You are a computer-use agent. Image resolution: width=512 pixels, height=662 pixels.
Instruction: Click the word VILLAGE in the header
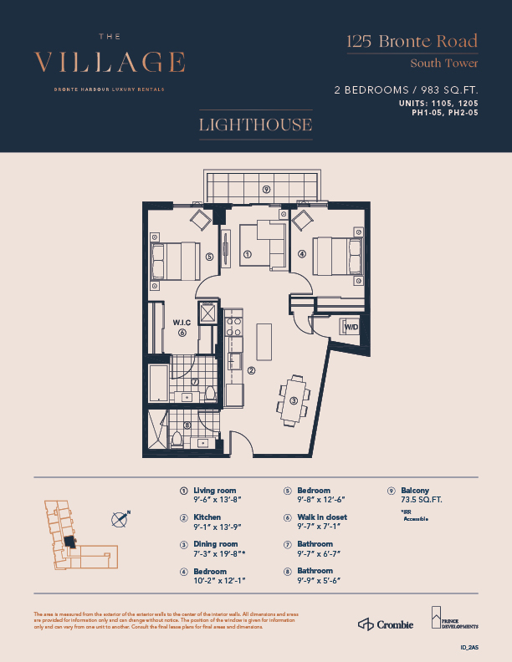click(x=110, y=63)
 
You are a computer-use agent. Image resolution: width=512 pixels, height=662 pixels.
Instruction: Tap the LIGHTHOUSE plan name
click(x=255, y=125)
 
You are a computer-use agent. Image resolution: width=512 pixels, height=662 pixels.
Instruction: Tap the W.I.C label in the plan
click(x=183, y=323)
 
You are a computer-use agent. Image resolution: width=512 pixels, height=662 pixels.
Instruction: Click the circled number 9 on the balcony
click(x=265, y=189)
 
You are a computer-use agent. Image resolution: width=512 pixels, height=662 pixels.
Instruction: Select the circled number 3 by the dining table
click(x=294, y=400)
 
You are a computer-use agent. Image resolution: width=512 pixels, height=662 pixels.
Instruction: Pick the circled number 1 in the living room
click(x=248, y=253)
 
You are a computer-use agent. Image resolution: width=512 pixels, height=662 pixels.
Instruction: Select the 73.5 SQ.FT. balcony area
click(x=420, y=500)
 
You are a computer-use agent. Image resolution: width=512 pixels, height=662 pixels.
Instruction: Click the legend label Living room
click(x=214, y=491)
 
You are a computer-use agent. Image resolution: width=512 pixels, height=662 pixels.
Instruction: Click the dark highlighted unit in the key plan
click(x=69, y=542)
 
